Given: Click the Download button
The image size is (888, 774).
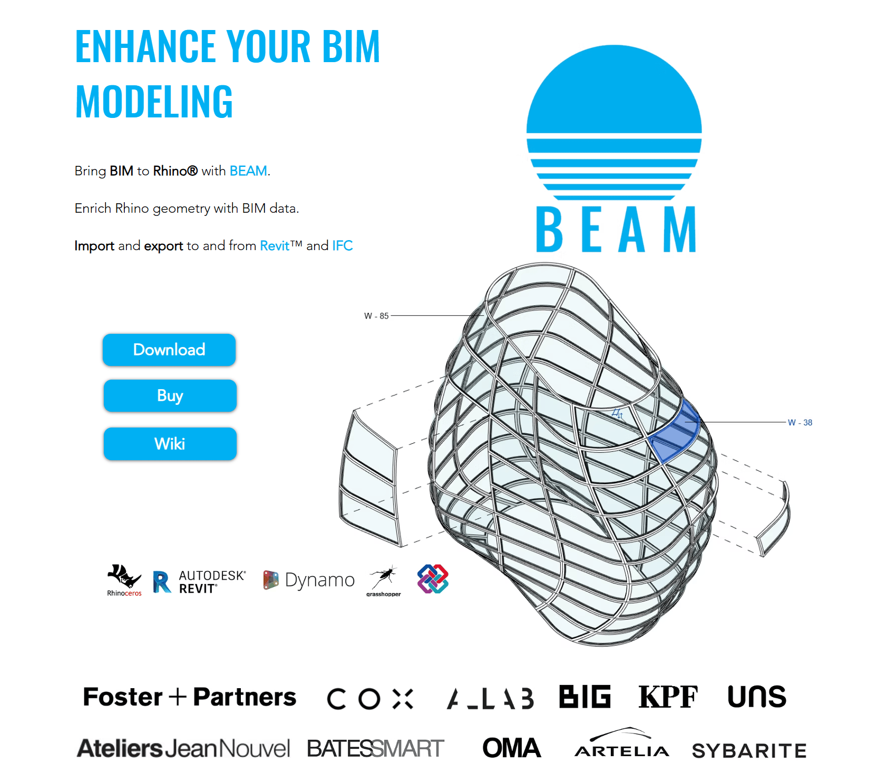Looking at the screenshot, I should click(x=169, y=350).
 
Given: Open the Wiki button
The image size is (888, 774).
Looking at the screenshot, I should click(x=170, y=443).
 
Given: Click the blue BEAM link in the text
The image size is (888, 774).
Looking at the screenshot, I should click(x=248, y=171).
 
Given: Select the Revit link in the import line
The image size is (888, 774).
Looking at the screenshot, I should click(x=275, y=246).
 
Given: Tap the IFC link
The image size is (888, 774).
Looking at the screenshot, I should click(x=343, y=246).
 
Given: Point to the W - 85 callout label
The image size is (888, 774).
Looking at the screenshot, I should click(x=376, y=316).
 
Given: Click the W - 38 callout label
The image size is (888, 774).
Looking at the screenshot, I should click(x=799, y=422).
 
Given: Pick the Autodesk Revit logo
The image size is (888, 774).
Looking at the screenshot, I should click(x=199, y=581).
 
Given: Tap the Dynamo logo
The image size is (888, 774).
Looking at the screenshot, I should click(x=309, y=580).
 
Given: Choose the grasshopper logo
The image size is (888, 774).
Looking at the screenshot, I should click(x=384, y=581).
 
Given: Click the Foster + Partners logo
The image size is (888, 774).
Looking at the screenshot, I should click(x=190, y=697).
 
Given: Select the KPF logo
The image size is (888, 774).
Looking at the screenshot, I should click(x=668, y=697).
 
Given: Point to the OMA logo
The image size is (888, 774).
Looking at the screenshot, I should click(x=511, y=748).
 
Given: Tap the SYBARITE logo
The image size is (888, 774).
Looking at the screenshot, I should click(x=749, y=750).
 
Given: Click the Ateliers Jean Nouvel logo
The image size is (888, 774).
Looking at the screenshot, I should click(x=183, y=748).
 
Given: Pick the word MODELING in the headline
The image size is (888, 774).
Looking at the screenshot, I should click(x=154, y=102).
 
